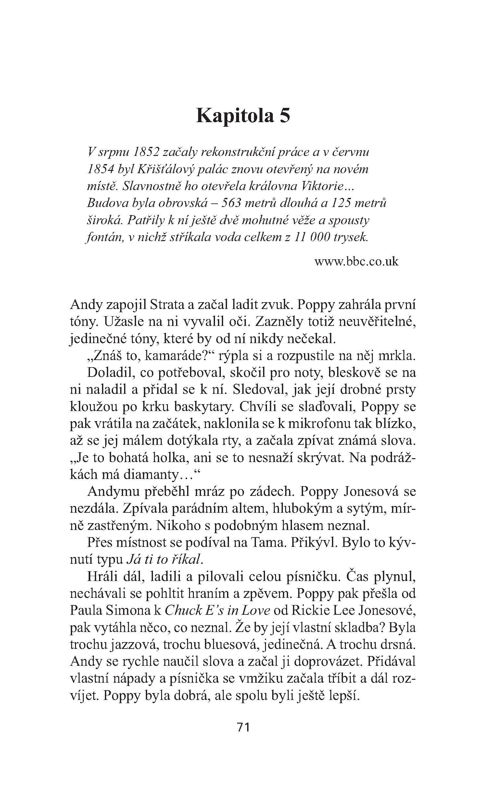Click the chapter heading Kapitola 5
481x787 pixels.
(243, 116)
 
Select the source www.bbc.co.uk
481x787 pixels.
(356, 262)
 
